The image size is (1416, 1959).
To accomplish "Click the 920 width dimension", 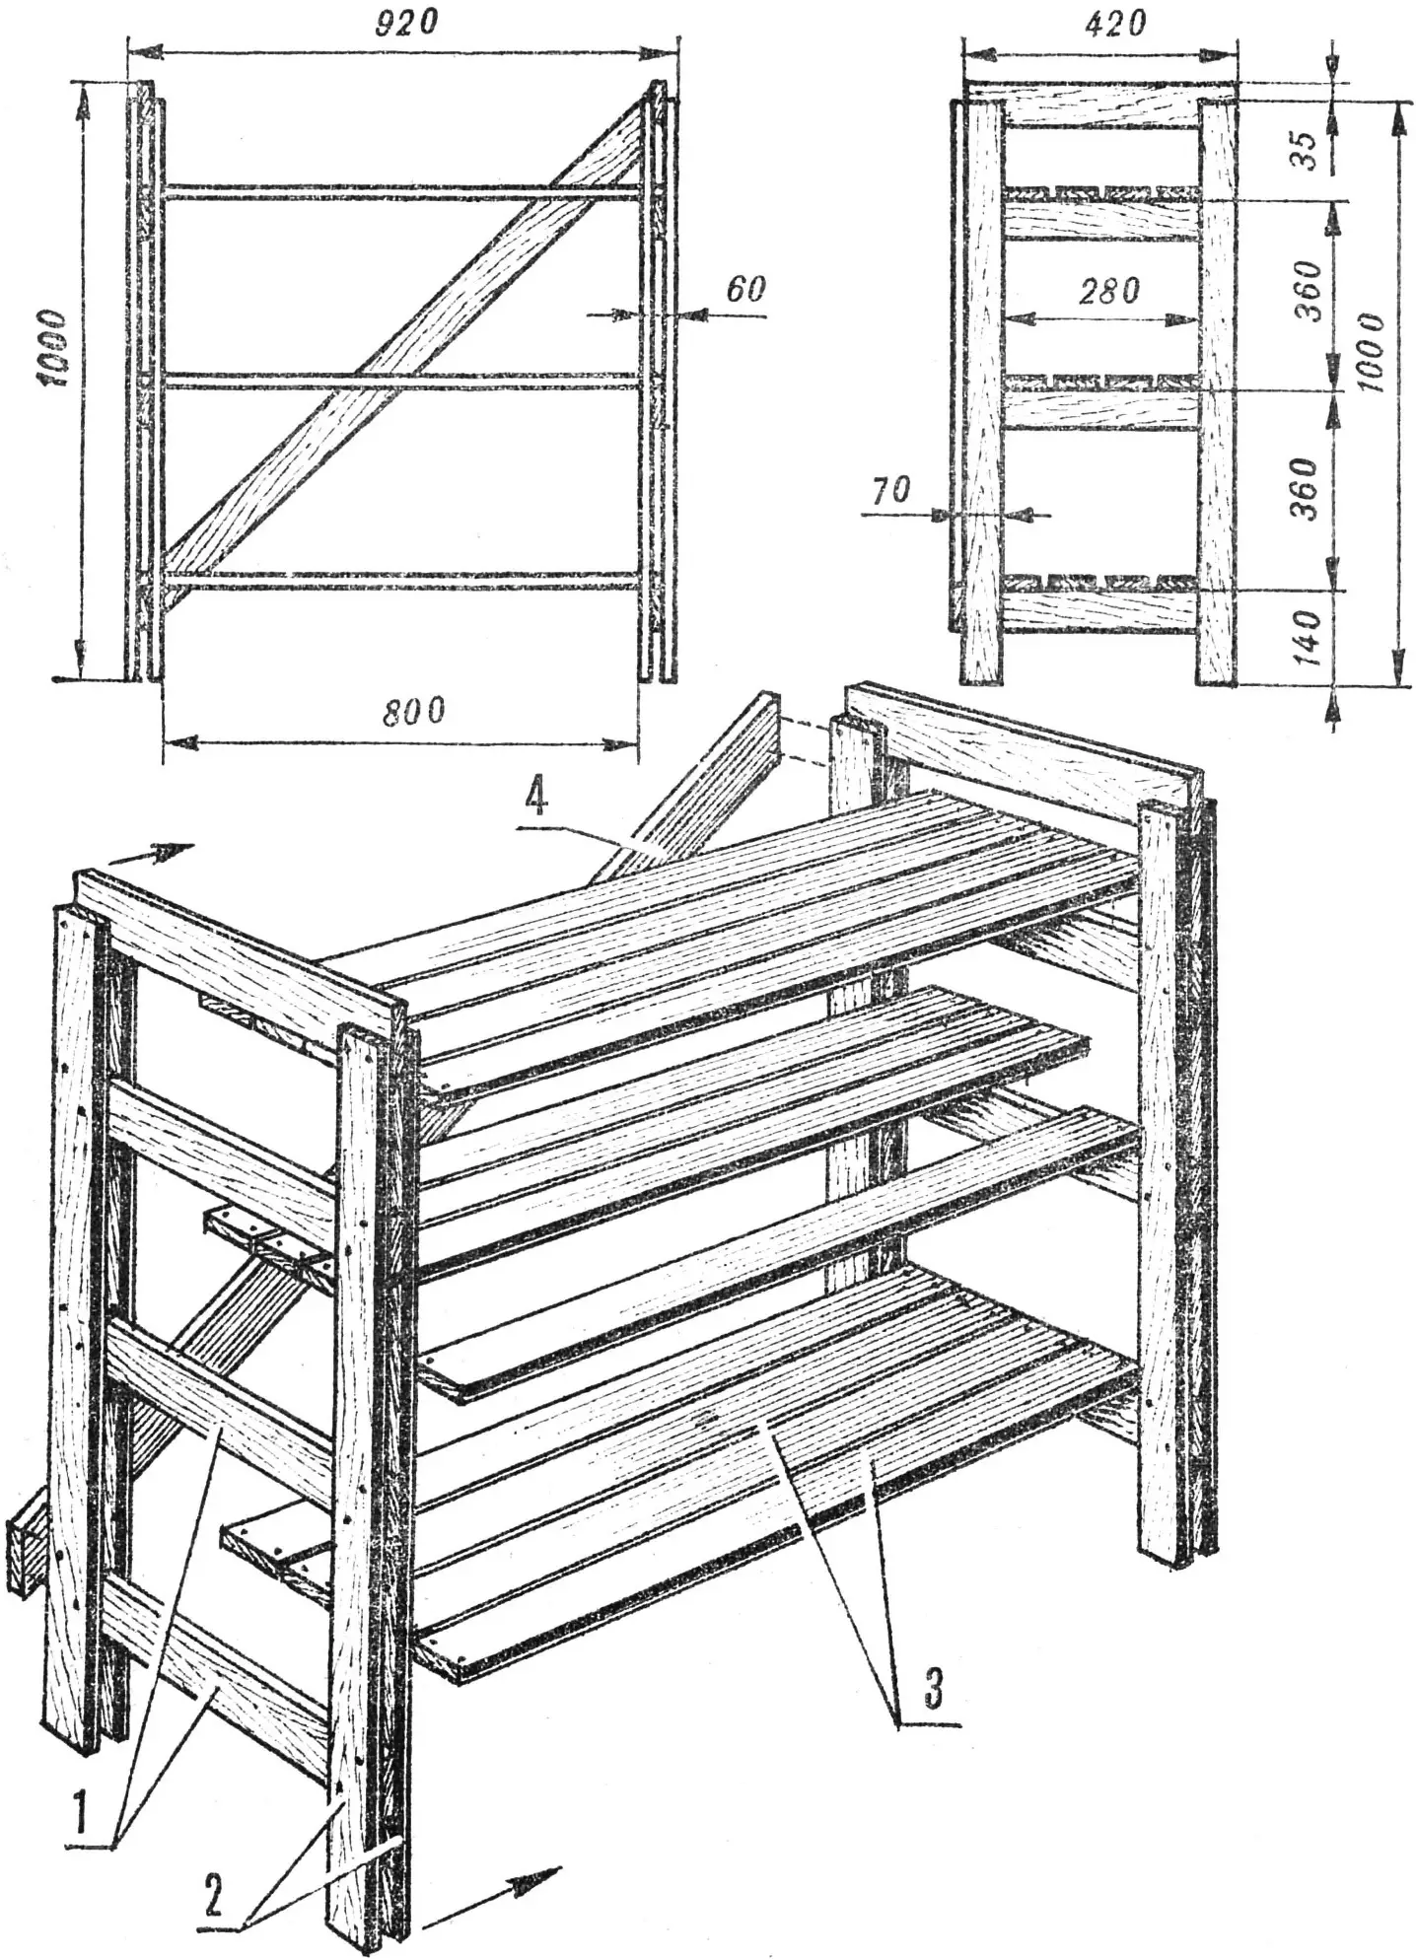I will tap(406, 22).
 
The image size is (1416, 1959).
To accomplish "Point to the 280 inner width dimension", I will tap(1108, 291).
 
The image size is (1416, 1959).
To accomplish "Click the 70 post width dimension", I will tap(889, 490).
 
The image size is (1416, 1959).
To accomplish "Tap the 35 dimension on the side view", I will tap(1304, 150).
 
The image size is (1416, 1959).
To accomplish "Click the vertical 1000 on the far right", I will tap(1370, 352).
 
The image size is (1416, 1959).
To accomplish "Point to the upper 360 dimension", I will tap(1307, 291).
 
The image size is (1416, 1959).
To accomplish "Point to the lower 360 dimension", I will tap(1305, 489).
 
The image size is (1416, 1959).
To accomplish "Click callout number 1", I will tap(82, 1811).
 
